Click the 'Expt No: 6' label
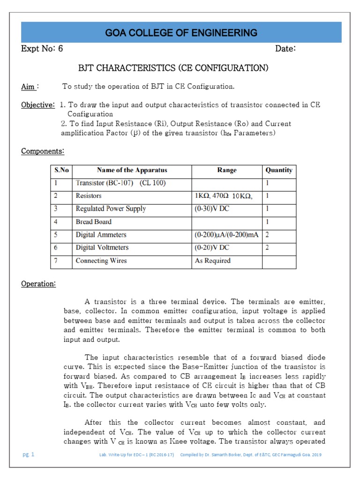tap(42, 49)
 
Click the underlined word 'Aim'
tap(28, 87)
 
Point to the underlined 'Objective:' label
tap(37, 105)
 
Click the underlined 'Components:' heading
tap(43, 151)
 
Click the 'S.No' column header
tap(61, 170)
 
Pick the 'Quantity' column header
tap(279, 170)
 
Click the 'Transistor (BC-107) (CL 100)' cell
tap(121, 183)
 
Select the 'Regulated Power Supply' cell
tap(111, 209)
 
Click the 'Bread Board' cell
tap(94, 222)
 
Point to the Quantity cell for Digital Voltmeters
tap(268, 247)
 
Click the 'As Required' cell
tap(213, 261)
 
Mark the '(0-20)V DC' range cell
tap(212, 247)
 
